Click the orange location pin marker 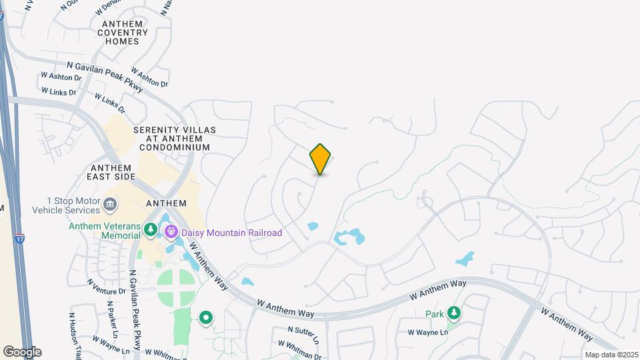tap(321, 159)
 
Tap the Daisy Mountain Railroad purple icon tap(171, 232)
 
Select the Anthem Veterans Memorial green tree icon tap(151, 231)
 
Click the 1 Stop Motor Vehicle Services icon tap(111, 202)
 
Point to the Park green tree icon tap(454, 313)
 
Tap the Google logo tap(22, 352)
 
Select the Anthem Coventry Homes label tap(123, 32)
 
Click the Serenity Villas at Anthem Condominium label tap(171, 138)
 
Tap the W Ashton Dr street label tap(61, 77)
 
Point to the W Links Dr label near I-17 tap(59, 91)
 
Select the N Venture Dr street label tap(106, 287)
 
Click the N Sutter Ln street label tap(305, 334)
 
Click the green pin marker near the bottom tap(206, 318)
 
